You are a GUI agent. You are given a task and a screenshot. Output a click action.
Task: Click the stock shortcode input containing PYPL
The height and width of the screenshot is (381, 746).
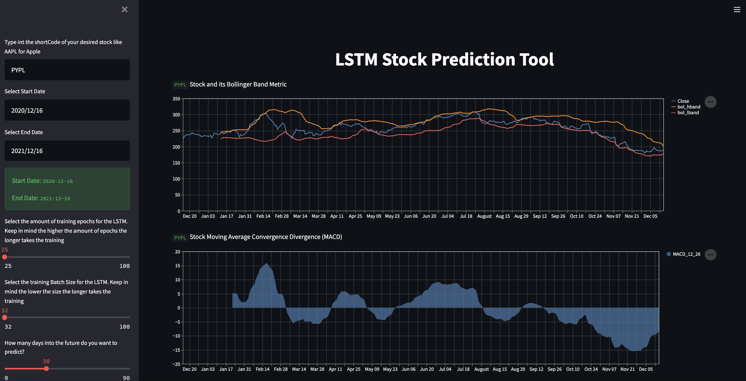coord(67,70)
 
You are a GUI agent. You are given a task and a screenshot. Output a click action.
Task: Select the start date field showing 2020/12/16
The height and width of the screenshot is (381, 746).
coord(67,110)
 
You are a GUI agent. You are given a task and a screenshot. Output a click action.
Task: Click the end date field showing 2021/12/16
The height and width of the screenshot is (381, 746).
coord(67,151)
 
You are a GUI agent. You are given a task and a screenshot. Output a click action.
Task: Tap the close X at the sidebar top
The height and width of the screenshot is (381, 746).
coord(124,9)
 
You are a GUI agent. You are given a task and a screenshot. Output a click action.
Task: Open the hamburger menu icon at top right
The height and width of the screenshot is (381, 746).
coord(737,9)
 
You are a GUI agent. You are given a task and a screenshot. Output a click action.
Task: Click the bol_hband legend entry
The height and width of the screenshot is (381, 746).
coord(688,107)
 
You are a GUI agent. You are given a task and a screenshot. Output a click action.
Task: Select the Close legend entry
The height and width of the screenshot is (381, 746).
coord(683,101)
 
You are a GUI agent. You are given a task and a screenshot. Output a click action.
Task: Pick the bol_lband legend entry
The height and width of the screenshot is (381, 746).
coord(688,113)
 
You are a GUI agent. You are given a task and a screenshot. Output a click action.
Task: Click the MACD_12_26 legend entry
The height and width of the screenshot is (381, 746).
coord(686,254)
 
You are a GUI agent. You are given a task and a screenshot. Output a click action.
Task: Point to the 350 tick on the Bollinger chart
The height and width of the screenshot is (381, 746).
coord(176,99)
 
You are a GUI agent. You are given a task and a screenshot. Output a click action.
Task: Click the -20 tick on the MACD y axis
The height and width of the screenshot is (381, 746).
coord(176,364)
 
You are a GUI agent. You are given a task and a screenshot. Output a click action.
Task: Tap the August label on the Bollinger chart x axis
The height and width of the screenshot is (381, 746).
coord(484,216)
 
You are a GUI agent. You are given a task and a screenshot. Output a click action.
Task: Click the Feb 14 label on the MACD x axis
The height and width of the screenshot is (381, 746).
coord(262,369)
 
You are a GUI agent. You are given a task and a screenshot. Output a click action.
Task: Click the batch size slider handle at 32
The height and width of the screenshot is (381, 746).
coord(5,318)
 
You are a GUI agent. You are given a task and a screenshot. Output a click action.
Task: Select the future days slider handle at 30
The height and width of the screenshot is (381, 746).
coord(46,368)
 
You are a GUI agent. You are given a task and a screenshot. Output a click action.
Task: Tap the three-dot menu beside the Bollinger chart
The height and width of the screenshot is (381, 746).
coord(710,102)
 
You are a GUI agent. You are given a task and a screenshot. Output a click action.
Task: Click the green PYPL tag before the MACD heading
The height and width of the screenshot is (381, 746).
coord(180,238)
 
